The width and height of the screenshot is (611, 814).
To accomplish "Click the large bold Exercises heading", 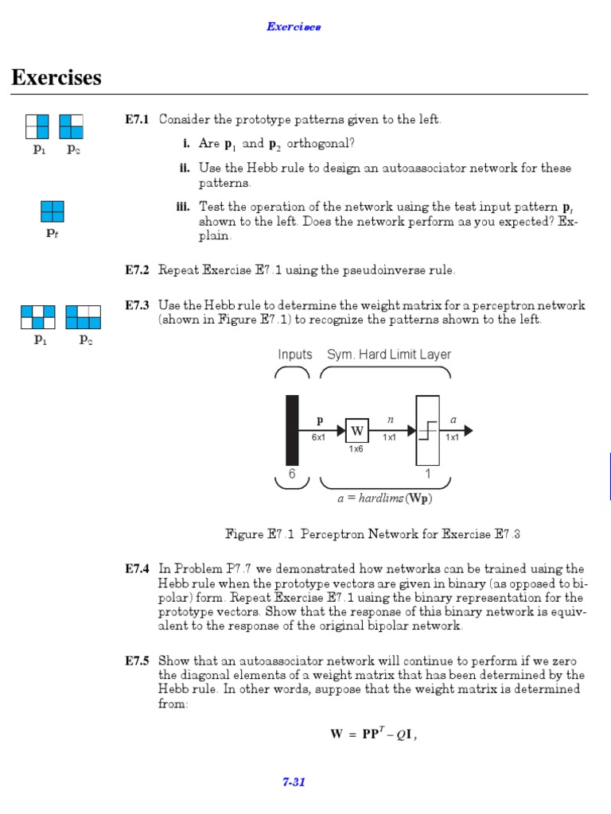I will [x=56, y=78].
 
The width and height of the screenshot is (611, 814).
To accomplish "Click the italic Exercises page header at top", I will [x=294, y=27].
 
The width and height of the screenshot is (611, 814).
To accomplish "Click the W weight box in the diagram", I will [x=357, y=432].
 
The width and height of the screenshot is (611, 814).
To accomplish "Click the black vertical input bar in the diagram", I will [x=292, y=429].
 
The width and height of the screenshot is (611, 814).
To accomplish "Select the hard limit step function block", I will [x=427, y=430].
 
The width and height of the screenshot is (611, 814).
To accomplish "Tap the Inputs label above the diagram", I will [x=295, y=355].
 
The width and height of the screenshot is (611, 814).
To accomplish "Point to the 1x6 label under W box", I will [x=356, y=449].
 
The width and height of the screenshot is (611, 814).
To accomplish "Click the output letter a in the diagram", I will [x=453, y=418].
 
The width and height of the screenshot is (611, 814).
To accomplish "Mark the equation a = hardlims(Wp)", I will [x=385, y=499].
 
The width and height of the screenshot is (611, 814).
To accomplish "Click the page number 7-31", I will [x=294, y=782].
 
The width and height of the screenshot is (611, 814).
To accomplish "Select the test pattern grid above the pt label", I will [x=53, y=211].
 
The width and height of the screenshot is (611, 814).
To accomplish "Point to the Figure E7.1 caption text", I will [x=373, y=534].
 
